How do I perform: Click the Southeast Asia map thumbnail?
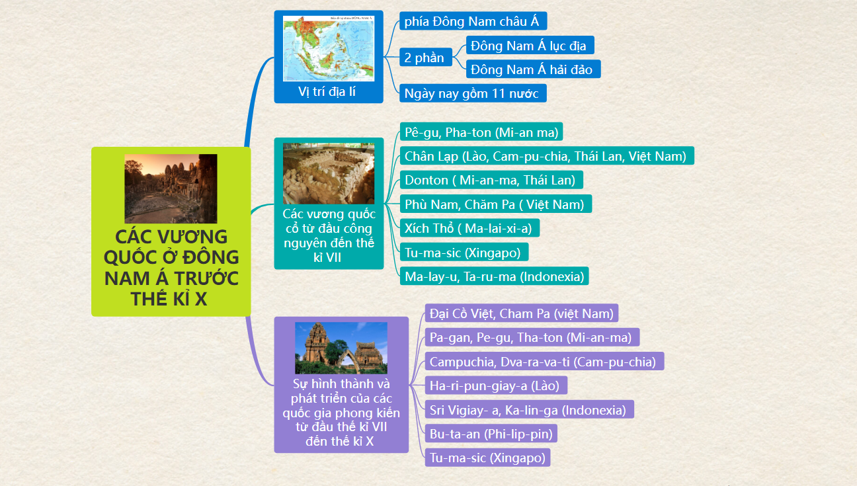(328, 49)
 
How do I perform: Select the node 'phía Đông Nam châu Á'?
(473, 21)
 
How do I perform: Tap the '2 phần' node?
(425, 58)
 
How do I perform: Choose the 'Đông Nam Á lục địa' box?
(530, 46)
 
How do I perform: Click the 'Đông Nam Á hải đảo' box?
(534, 69)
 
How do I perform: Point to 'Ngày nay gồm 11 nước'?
(473, 93)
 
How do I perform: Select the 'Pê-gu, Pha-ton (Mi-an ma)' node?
(481, 132)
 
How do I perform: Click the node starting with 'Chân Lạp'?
(547, 156)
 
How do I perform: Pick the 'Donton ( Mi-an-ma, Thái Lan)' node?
(491, 180)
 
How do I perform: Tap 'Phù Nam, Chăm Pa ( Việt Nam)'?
(496, 204)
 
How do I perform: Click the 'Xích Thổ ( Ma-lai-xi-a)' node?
(469, 228)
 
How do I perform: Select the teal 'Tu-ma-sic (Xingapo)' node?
(464, 252)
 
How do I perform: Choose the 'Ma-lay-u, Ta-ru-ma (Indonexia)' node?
(494, 276)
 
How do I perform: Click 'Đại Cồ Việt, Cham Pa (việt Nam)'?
(522, 313)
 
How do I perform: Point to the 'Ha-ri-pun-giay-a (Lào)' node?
(496, 385)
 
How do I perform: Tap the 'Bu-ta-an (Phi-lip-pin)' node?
(491, 434)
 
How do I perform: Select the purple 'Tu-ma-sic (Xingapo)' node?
(487, 458)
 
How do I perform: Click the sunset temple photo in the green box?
(171, 188)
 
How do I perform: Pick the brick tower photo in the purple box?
(341, 348)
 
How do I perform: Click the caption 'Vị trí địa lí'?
(327, 91)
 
